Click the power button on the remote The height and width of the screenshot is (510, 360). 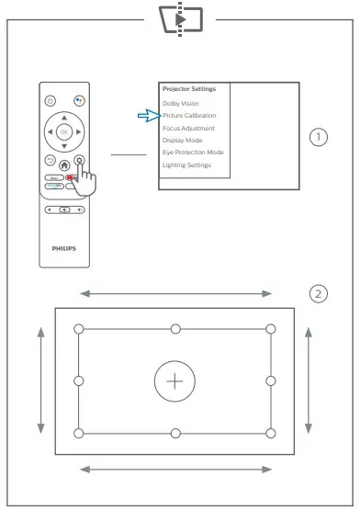pos(51,100)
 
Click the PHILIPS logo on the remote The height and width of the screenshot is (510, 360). pos(63,247)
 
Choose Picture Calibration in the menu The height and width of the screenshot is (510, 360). pos(188,117)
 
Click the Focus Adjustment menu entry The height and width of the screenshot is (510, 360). pos(187,129)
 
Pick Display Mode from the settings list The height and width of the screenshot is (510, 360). pos(182,141)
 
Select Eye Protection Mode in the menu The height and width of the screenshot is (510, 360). pos(192,153)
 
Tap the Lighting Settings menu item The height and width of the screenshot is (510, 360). pos(186,164)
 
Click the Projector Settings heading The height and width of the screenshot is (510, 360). pos(188,89)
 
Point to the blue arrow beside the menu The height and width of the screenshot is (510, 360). pos(147,116)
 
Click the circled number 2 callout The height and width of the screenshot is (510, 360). pos(318,294)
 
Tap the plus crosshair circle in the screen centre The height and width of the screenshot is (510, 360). pos(174,380)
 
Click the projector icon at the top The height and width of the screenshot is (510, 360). pos(180,17)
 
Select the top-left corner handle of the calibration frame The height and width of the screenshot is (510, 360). pos(79,328)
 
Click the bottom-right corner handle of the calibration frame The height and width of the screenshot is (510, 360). pos(270,433)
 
